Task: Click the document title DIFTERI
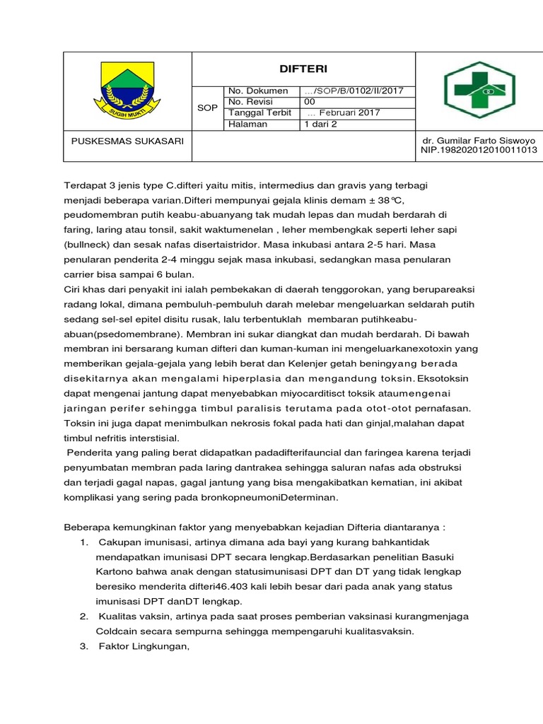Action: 303,69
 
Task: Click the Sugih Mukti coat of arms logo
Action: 127,91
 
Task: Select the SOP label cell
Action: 207,107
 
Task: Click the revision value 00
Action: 310,102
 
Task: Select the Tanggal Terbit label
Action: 259,113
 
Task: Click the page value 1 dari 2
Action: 321,124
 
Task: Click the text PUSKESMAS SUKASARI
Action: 127,141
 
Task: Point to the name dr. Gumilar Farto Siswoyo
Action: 478,141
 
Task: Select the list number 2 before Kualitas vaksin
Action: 83,617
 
